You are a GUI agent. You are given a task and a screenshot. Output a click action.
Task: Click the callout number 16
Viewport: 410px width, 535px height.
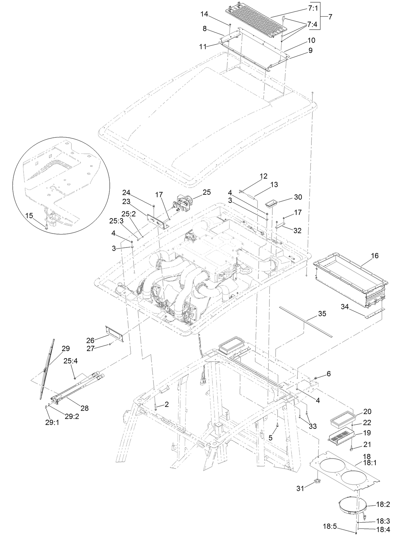pyautogui.click(x=375, y=256)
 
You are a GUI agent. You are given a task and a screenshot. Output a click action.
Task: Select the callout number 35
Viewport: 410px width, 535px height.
pyautogui.click(x=322, y=314)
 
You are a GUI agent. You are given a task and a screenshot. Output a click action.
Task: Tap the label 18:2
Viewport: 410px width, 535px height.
pyautogui.click(x=383, y=504)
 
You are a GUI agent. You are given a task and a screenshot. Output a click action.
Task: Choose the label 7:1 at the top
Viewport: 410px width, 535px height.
pyautogui.click(x=313, y=9)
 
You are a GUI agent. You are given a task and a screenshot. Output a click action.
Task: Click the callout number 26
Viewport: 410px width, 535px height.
pyautogui.click(x=90, y=341)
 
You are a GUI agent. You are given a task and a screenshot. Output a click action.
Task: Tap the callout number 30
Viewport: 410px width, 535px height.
pyautogui.click(x=298, y=197)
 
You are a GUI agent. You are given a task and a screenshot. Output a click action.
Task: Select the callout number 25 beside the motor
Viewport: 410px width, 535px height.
pyautogui.click(x=206, y=192)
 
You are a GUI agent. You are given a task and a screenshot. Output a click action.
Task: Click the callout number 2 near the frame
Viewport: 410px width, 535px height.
pyautogui.click(x=166, y=404)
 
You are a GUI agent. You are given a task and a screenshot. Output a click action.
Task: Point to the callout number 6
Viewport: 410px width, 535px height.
pyautogui.click(x=329, y=374)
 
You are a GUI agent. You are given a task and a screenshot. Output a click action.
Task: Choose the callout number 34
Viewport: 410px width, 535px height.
pyautogui.click(x=345, y=306)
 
